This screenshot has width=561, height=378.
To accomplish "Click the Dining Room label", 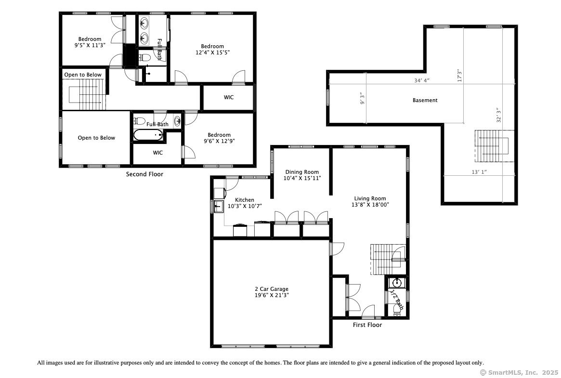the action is tap(302, 172).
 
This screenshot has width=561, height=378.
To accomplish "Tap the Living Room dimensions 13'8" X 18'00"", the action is tap(370, 205).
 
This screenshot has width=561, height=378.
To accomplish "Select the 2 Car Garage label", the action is tap(272, 289).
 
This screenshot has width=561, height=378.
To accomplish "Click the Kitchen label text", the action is tap(245, 200).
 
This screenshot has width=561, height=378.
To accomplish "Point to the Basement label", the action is tap(425, 101).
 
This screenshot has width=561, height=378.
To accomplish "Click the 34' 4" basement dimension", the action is tap(422, 80).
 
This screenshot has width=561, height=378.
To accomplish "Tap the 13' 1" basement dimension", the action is tap(479, 172).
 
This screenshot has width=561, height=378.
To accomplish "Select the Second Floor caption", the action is tap(144, 174).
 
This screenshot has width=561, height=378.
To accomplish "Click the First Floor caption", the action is tap(367, 325).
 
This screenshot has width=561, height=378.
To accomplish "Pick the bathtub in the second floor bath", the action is tap(148, 135).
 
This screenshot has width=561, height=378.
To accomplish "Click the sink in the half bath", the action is tap(397, 283).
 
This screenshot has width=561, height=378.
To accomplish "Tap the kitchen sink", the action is tap(219, 207).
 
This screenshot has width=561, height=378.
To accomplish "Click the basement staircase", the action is tap(495, 146).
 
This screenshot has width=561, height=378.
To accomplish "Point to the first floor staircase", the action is tap(388, 260).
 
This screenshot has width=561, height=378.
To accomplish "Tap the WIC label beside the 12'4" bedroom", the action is tap(229, 97).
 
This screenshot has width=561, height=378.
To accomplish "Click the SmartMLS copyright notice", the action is tap(519, 373).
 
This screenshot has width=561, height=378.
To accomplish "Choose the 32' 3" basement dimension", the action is tap(499, 115).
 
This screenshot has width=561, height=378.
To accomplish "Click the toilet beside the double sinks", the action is tap(145, 57).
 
